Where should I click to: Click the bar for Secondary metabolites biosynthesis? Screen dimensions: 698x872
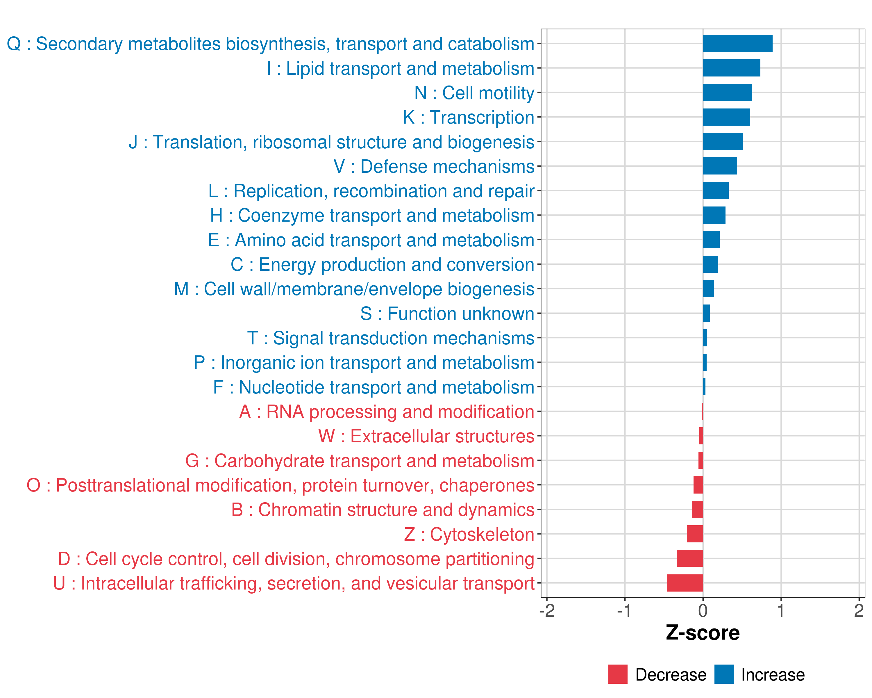(737, 44)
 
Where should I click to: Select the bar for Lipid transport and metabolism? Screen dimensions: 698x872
(731, 68)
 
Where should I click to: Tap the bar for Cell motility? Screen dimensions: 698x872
(727, 93)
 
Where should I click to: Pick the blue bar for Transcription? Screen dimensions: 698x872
(726, 117)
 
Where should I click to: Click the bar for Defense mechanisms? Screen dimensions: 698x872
(720, 166)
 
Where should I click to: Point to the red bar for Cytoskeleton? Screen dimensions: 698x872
(695, 534)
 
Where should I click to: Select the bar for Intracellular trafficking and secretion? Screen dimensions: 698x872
(685, 583)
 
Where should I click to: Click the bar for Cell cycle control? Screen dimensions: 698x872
(690, 558)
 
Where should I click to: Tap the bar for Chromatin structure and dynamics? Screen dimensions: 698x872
(697, 510)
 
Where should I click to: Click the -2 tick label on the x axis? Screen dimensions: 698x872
(547, 610)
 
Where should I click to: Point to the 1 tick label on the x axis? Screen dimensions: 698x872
(781, 610)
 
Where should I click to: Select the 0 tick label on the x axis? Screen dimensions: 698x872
(703, 610)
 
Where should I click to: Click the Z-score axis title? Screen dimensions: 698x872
(703, 633)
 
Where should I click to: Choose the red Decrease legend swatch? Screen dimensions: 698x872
(618, 674)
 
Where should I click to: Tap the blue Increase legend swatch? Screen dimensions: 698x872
(723, 674)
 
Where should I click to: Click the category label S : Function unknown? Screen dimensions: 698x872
(447, 314)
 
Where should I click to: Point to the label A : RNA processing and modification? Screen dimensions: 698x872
(387, 412)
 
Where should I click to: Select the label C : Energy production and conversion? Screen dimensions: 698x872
(382, 265)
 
